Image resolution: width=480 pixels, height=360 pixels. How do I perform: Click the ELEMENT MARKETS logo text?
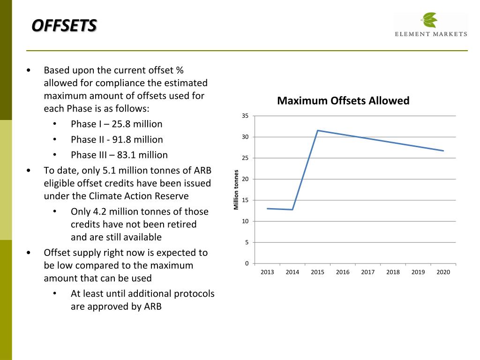click(x=431, y=34)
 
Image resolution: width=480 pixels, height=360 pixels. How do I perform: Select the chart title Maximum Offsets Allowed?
click(x=343, y=101)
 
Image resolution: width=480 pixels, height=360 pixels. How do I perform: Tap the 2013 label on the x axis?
click(x=267, y=272)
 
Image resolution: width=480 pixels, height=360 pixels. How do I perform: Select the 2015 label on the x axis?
click(x=317, y=272)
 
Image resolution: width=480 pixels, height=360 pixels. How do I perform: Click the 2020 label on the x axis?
click(x=443, y=272)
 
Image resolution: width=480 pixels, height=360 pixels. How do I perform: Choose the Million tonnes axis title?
click(x=236, y=189)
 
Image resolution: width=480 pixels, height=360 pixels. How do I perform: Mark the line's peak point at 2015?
click(x=318, y=130)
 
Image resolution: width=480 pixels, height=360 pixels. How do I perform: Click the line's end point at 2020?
click(x=443, y=150)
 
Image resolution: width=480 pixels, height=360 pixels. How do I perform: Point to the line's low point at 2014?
click(x=292, y=210)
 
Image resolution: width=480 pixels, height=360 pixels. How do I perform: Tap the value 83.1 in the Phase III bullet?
click(x=126, y=155)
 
